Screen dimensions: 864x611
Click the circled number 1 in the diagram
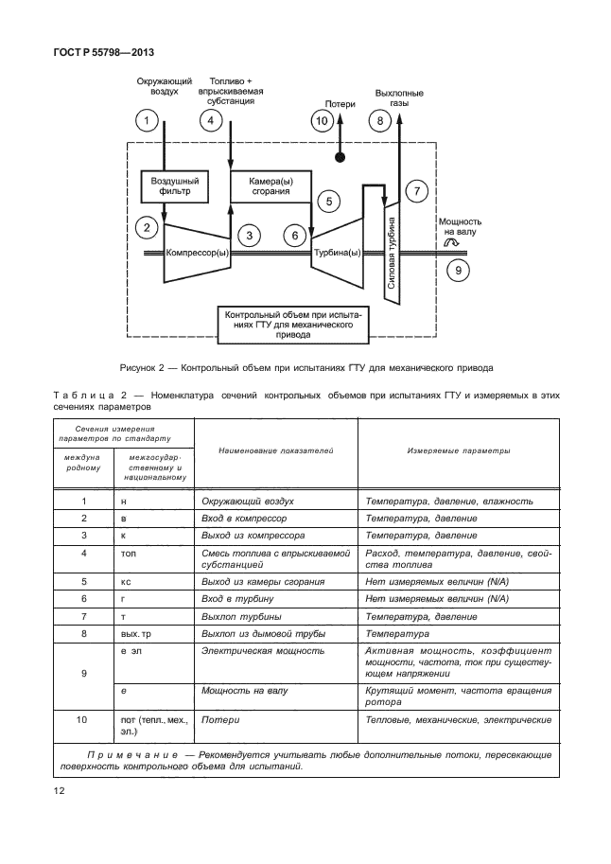[146, 121]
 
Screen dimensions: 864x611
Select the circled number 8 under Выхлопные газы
[380, 121]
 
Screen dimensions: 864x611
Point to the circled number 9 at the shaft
[457, 271]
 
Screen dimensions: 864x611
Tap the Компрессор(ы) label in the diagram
[197, 253]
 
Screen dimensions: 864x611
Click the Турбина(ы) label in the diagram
[338, 253]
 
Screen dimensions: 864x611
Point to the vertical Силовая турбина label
[392, 248]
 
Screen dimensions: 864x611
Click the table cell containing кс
[125, 580]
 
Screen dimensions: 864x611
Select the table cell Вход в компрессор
[246, 519]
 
